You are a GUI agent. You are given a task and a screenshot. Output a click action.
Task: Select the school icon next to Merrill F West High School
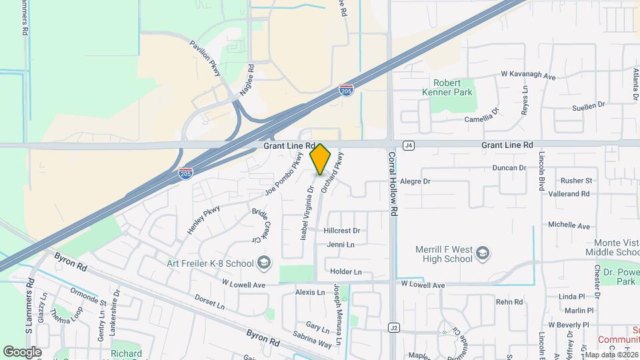tap(483, 253)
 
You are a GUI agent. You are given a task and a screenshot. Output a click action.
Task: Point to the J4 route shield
tap(409, 145)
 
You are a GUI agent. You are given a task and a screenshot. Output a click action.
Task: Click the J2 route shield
tap(394, 327)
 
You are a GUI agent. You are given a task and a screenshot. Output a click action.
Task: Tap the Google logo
tap(22, 351)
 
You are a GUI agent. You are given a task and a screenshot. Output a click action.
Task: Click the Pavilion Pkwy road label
tap(205, 59)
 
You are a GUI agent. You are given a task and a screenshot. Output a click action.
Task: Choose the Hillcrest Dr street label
tap(341, 231)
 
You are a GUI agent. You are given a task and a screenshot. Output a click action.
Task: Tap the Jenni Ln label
tap(340, 245)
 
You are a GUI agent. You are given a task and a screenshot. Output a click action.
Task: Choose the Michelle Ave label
tap(568, 226)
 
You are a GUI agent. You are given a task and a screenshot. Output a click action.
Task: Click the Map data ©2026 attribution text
tap(611, 354)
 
